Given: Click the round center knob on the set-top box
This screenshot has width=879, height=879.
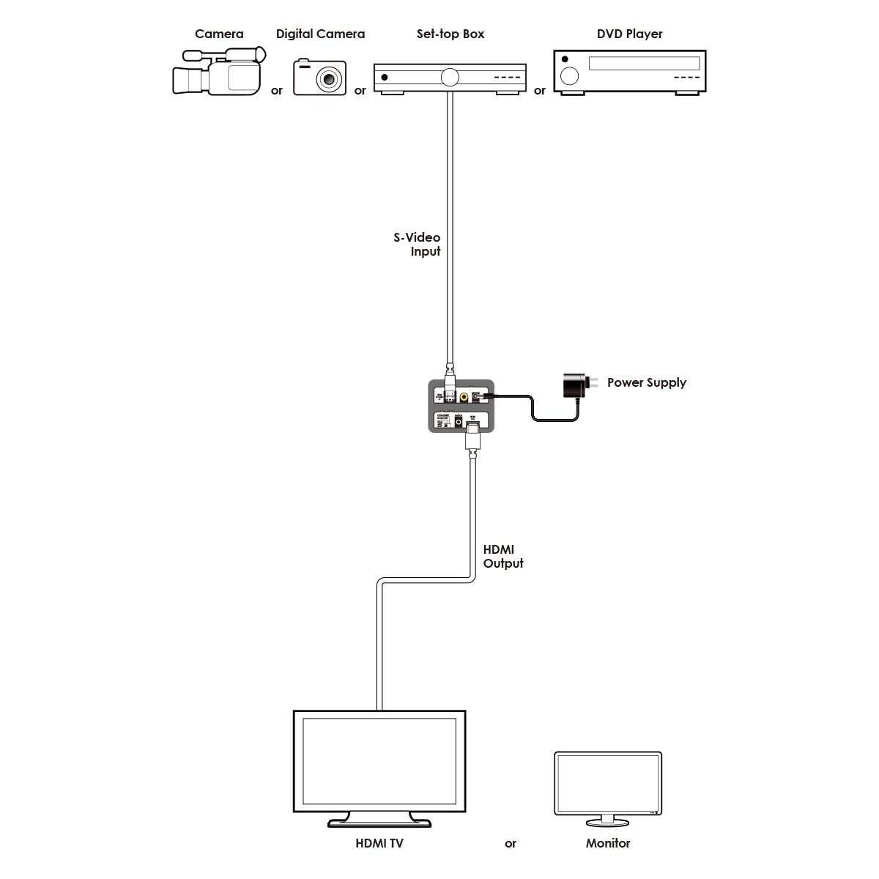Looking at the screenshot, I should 450,76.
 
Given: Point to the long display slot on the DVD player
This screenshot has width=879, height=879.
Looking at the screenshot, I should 644,63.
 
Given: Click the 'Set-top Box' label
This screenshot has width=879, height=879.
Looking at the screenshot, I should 450,34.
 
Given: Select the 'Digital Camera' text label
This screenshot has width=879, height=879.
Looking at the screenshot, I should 320,34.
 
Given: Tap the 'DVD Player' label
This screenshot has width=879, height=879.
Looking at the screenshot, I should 629,34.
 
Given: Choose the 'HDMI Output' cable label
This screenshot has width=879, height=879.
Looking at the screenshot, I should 503,557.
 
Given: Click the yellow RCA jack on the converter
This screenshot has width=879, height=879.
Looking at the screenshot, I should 464,396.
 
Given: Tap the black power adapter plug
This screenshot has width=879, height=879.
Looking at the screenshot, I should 574,385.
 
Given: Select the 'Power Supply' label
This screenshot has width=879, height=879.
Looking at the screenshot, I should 646,382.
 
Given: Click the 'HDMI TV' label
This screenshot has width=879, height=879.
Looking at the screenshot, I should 379,843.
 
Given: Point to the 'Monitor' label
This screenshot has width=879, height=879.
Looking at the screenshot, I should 607,843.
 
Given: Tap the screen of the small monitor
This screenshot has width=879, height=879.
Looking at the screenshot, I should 607,782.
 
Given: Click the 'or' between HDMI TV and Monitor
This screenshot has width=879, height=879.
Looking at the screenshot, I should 511,844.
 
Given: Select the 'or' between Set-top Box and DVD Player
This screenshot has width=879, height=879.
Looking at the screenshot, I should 540,91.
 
